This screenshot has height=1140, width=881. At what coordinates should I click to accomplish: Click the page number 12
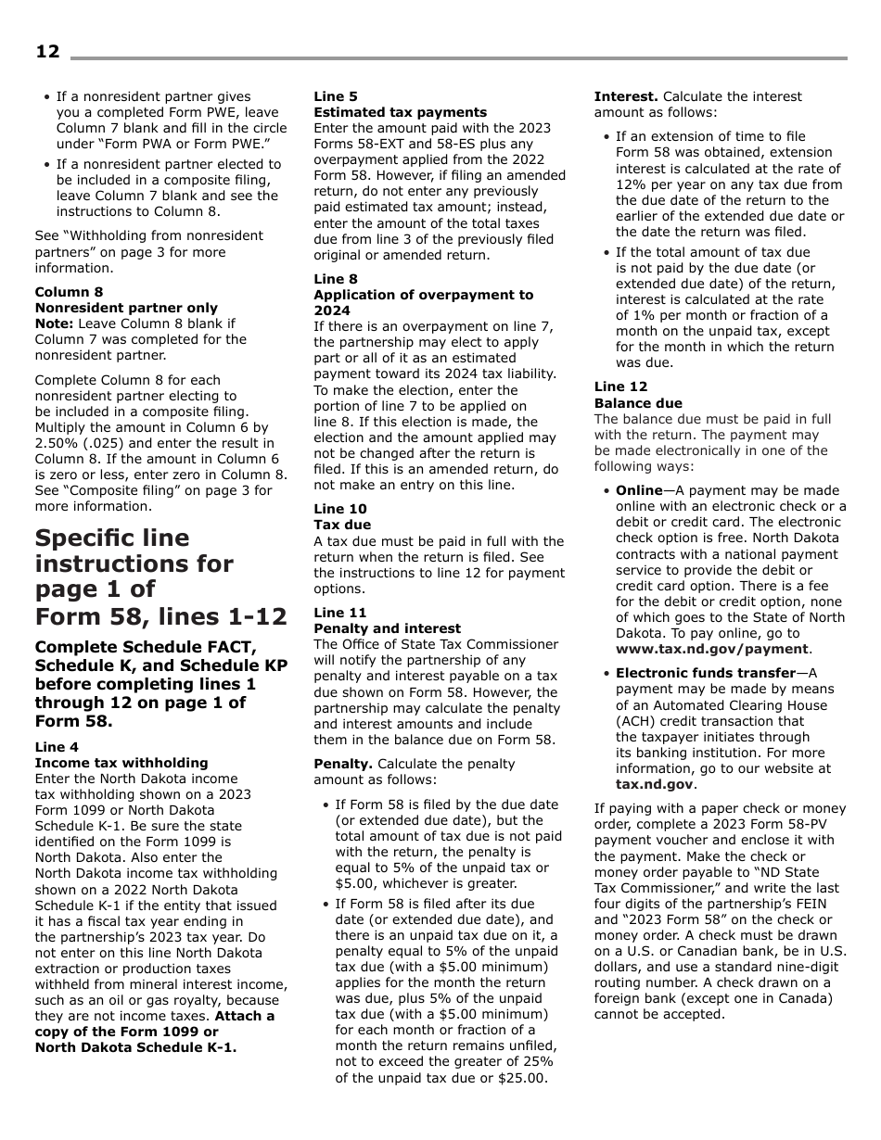click(47, 52)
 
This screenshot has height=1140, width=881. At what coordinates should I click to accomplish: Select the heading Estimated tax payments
click(400, 112)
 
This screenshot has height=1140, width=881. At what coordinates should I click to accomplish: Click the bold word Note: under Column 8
click(54, 323)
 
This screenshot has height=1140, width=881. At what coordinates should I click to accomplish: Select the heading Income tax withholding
click(121, 763)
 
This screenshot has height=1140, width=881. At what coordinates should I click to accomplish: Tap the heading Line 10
click(339, 509)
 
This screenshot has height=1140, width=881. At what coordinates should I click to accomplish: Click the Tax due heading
click(341, 525)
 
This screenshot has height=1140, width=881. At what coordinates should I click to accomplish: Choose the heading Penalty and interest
click(387, 628)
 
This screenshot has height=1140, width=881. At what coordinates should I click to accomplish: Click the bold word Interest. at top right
click(626, 96)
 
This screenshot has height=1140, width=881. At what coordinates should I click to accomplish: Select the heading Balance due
click(637, 403)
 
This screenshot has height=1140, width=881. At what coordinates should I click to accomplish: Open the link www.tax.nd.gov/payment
click(712, 649)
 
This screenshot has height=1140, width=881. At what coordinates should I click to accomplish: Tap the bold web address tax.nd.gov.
click(655, 784)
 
